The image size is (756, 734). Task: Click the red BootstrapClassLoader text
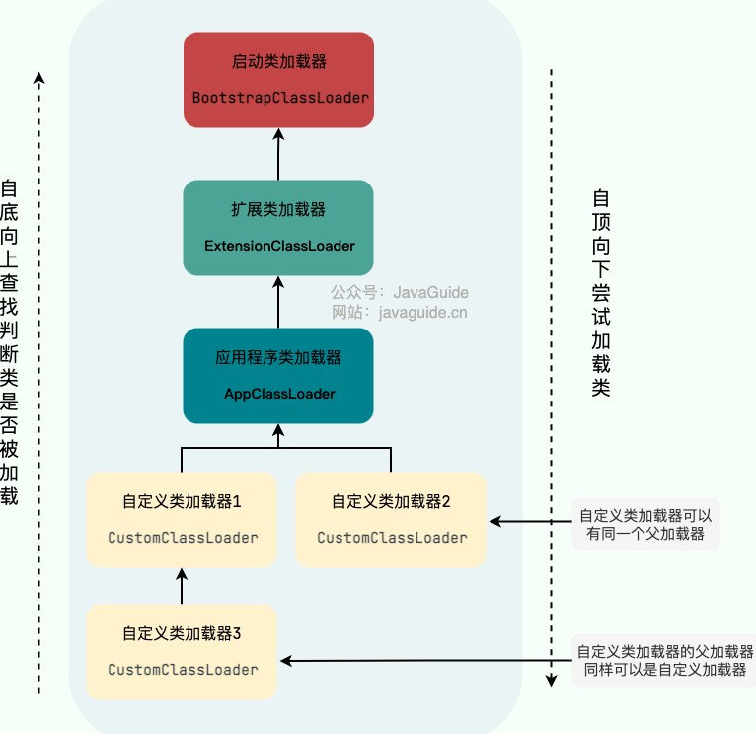[x=280, y=98]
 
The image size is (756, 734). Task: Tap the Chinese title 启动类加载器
[x=278, y=62]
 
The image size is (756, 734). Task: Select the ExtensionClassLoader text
[x=279, y=246]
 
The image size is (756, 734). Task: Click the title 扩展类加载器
[x=278, y=210]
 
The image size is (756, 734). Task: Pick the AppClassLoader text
[x=279, y=394]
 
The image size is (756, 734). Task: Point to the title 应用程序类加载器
[x=278, y=357]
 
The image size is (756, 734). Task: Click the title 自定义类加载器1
[x=182, y=502]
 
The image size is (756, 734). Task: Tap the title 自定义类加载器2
[x=391, y=502]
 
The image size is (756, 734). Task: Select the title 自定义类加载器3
[x=182, y=633]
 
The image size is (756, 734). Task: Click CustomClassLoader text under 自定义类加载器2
[x=392, y=538]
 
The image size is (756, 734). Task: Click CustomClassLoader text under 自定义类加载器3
[x=183, y=670]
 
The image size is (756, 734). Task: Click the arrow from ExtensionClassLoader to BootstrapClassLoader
[x=278, y=154]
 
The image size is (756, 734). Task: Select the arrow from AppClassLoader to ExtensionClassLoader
[x=278, y=302]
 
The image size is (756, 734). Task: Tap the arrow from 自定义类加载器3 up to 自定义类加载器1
[x=182, y=586]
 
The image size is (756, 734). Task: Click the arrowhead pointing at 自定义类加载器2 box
[x=495, y=521]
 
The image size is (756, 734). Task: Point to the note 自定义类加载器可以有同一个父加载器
[x=645, y=524]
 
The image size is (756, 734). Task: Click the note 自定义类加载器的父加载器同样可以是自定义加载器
[x=664, y=660]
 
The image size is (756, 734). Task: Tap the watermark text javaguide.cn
[x=422, y=313]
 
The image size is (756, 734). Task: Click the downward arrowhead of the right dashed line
[x=551, y=681]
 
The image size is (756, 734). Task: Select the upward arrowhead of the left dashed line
[x=39, y=78]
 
